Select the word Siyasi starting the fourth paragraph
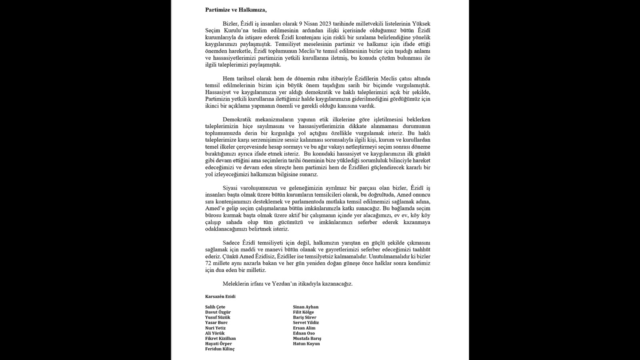[230, 188]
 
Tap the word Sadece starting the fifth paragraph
[231, 242]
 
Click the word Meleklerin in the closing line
[236, 284]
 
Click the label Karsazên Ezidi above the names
[220, 297]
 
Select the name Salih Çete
[215, 307]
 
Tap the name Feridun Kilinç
[220, 349]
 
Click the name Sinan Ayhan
[306, 307]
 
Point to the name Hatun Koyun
[306, 344]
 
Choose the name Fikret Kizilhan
[220, 338]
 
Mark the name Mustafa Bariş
[307, 338]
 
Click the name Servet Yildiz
[306, 323]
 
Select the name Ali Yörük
[215, 333]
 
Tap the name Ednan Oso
[304, 333]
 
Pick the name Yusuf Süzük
[218, 318]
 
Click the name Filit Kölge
[303, 312]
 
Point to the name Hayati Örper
[218, 344]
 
